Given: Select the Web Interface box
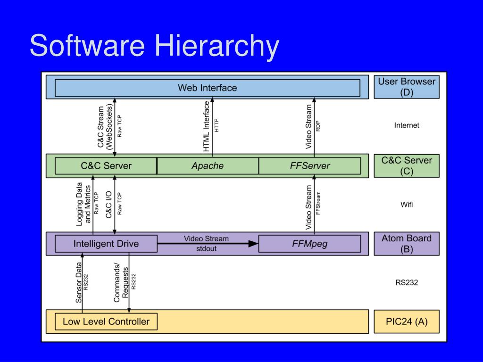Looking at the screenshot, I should coord(207,88).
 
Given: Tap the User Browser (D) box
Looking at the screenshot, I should coord(406,87).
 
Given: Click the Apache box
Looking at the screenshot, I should coord(208,166).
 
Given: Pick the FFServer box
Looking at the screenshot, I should coord(310,166).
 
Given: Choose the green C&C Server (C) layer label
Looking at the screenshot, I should coord(406,165).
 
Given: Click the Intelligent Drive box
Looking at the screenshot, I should coord(106,244).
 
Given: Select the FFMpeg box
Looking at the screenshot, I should coord(310,244).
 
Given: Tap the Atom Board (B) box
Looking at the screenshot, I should coord(406,244).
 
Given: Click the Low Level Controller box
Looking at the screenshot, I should coord(106,321).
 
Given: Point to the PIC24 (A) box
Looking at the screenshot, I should coord(406,321).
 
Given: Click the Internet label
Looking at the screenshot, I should coord(406,125).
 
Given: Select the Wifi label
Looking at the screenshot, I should coord(406,205).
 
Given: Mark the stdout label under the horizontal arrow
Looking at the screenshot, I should coord(206,248).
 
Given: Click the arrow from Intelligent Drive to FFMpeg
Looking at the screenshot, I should coord(208,243).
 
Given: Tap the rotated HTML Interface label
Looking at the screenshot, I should coord(207,126).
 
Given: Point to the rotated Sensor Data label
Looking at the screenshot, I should coord(79,282).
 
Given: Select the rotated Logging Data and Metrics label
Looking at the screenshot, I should coord(83,203).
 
